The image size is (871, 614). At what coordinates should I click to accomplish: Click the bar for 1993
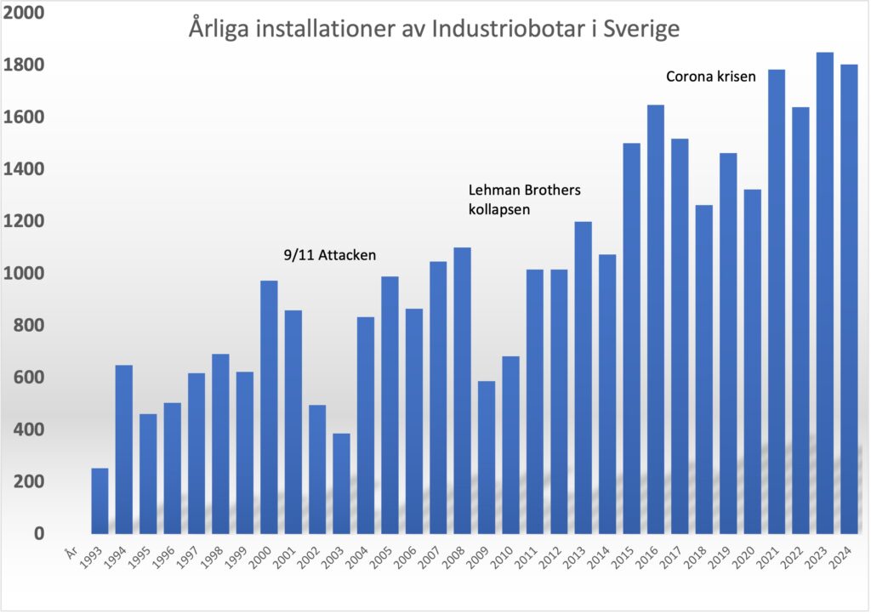point(100,501)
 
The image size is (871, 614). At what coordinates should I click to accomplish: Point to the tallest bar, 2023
point(824,293)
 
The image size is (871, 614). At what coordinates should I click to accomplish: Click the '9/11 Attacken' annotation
point(329,254)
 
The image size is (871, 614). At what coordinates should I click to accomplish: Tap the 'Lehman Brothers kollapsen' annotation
point(524,199)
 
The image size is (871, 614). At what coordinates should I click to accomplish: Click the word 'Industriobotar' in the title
point(510,31)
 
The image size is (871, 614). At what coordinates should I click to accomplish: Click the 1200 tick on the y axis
point(26,222)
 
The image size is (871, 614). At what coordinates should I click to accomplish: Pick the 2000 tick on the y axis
point(26,14)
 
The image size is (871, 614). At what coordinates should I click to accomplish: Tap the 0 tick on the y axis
point(38,534)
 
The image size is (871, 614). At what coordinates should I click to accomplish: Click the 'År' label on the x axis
point(71,555)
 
